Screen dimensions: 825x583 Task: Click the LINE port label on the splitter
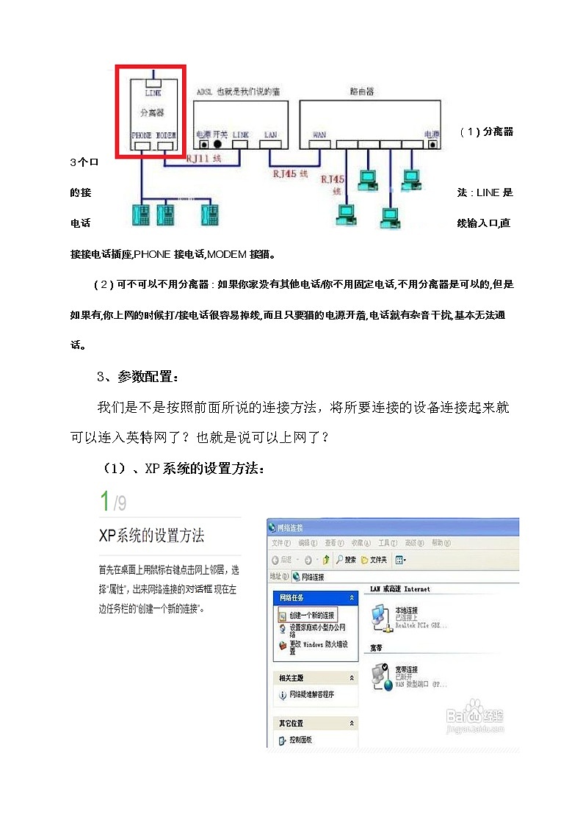pos(153,93)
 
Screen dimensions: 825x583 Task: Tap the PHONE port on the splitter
pos(141,145)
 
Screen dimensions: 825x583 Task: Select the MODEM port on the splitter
pos(166,145)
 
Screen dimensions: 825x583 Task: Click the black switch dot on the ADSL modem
pos(217,145)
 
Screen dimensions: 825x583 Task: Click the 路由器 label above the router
pos(362,92)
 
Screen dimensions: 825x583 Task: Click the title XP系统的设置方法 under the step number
pos(151,535)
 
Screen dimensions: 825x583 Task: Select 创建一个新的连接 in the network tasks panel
pos(311,614)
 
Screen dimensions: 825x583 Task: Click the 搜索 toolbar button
pos(346,560)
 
